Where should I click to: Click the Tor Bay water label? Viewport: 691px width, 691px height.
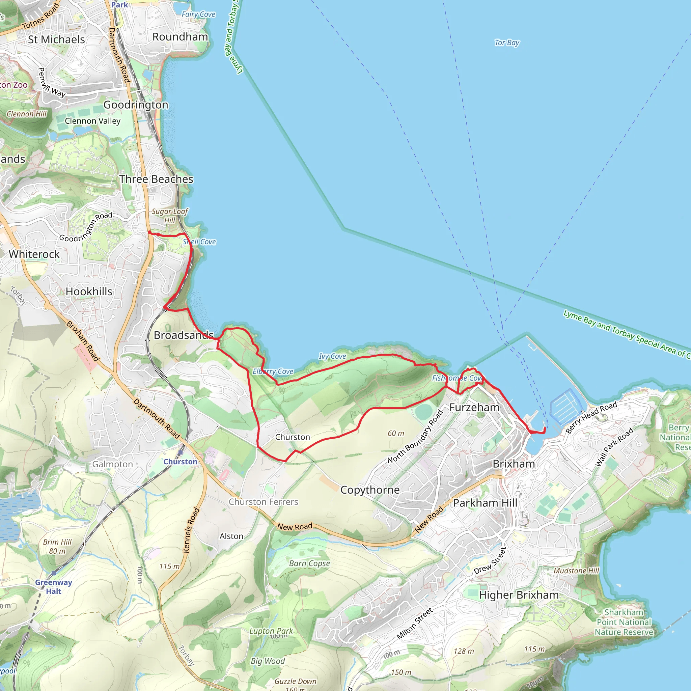coord(506,43)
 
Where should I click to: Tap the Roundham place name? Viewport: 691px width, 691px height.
coord(180,37)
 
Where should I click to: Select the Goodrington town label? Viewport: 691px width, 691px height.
coord(136,105)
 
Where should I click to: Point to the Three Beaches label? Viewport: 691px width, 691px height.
coord(156,179)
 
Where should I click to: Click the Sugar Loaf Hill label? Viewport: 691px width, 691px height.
coord(169,216)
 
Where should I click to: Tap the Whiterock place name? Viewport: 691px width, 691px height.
coord(34,254)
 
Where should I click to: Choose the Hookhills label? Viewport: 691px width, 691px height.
coord(89,292)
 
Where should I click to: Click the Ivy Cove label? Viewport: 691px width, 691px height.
coord(332,356)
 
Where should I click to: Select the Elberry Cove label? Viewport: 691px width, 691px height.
coord(273,371)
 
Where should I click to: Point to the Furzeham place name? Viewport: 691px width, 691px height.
coord(474,407)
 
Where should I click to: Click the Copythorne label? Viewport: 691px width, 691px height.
coord(370,490)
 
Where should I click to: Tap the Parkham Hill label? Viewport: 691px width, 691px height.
coord(485,503)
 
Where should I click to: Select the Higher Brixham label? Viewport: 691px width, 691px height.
coord(519,595)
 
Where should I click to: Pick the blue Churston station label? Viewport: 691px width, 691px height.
coord(180,462)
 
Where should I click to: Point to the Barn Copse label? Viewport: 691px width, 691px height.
coord(309,563)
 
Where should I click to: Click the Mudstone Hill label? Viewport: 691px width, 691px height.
coord(576,571)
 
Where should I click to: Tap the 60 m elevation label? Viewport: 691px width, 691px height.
coord(395,434)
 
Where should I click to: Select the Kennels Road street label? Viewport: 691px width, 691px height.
coord(191,530)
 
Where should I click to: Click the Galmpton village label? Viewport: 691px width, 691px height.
coord(113,464)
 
